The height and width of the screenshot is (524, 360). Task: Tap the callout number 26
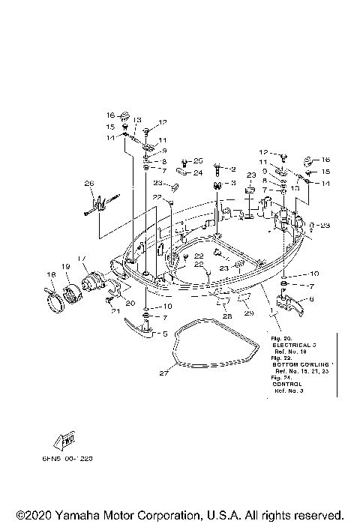click(x=89, y=184)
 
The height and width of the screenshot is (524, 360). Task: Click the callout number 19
click(x=65, y=267)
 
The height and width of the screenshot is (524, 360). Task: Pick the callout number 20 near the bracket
click(x=130, y=302)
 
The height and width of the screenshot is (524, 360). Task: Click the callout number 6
click(x=312, y=299)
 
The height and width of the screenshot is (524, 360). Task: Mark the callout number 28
click(x=226, y=317)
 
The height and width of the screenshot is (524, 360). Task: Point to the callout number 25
click(x=198, y=160)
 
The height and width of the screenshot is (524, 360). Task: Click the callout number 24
click(x=198, y=173)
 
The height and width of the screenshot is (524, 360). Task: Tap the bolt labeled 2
click(x=218, y=169)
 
